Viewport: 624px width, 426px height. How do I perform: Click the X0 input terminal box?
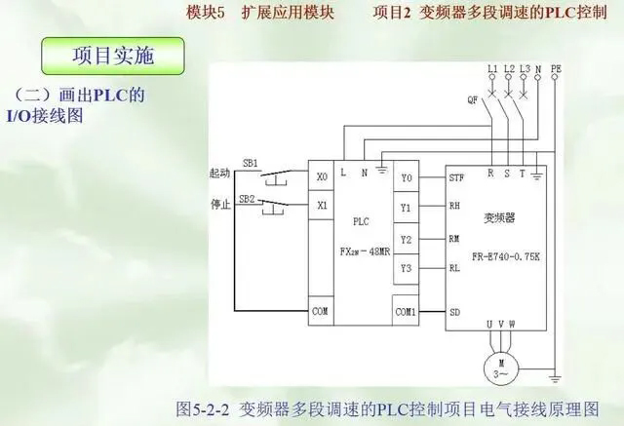tap(322, 177)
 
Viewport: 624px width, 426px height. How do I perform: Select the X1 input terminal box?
tap(322, 206)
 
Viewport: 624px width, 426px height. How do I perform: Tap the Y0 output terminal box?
tap(407, 177)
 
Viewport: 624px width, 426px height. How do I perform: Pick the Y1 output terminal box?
tap(407, 208)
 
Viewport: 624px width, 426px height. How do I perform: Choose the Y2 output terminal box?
tap(407, 239)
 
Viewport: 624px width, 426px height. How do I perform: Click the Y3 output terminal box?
tap(407, 267)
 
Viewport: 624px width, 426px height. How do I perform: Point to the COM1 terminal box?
tap(407, 312)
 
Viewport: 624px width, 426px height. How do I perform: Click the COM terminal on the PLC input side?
tap(321, 312)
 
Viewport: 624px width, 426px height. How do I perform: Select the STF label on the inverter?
tap(455, 178)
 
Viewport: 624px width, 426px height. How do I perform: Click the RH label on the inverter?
tap(454, 207)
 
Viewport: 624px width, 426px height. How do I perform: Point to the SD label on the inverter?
tap(454, 312)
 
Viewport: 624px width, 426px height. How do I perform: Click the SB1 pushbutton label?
tap(251, 163)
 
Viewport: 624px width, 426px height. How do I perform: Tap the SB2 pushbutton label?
tap(251, 198)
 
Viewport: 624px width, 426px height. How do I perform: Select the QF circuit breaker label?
tap(473, 99)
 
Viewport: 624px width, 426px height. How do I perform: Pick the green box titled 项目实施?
tap(112, 56)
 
